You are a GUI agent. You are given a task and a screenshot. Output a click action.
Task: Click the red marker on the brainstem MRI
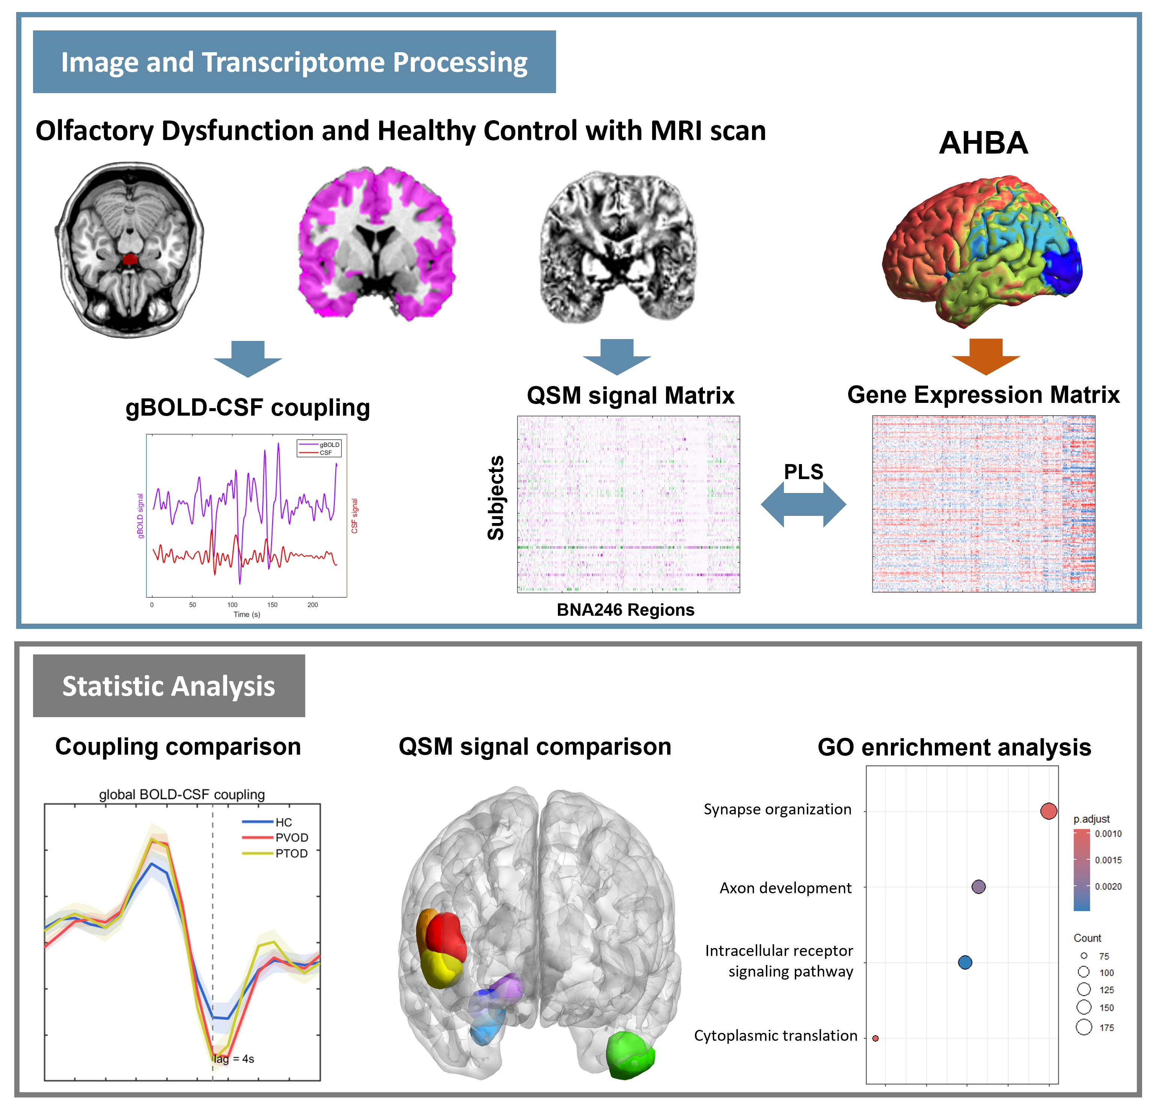click(130, 259)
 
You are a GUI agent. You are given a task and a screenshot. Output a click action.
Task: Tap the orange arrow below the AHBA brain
click(985, 356)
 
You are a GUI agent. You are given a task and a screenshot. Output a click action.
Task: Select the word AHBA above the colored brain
click(983, 143)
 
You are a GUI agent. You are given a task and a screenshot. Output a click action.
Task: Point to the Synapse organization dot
click(1048, 811)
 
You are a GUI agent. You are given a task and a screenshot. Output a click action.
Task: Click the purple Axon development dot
click(978, 886)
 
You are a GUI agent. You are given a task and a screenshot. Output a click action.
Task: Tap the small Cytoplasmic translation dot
click(875, 1038)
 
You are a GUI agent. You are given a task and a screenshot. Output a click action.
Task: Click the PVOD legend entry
click(291, 837)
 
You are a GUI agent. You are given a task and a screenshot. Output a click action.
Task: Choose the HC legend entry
click(283, 822)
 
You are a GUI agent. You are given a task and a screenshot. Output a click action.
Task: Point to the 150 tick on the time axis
click(272, 605)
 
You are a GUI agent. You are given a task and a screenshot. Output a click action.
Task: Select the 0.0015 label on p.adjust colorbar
click(1108, 860)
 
